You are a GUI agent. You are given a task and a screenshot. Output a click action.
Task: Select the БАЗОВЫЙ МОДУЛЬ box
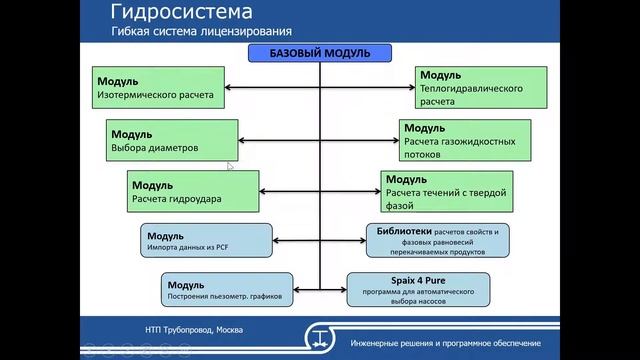(x=320, y=52)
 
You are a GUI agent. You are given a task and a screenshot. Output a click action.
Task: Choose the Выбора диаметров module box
(x=167, y=140)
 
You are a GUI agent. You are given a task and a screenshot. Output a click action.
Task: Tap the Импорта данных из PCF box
(x=207, y=241)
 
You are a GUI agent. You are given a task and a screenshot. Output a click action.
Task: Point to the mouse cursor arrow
(x=230, y=167)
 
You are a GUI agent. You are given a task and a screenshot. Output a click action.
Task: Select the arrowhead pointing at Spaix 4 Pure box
(x=342, y=290)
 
